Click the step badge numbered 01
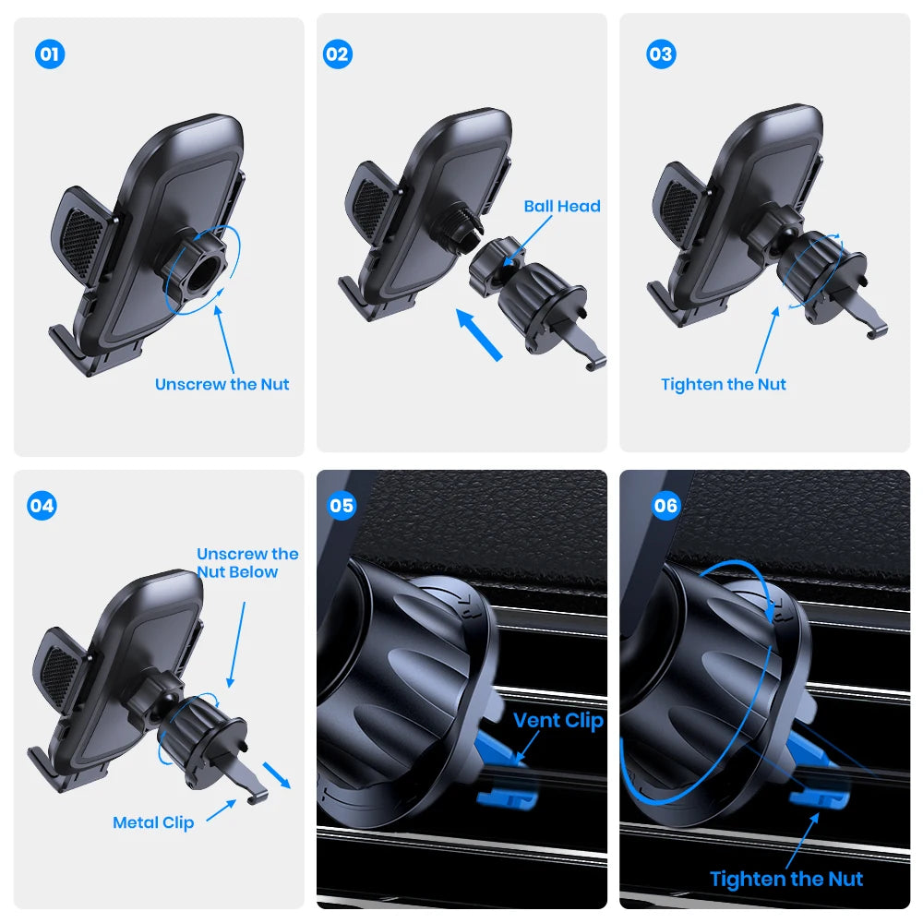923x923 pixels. coord(50,54)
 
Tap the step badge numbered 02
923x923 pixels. coord(338,54)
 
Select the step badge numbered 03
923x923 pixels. coord(660,54)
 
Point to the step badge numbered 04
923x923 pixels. coord(42,506)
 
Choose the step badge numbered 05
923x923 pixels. coord(342,506)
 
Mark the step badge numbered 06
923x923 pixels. coord(665,506)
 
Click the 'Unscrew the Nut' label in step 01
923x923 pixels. coord(222,384)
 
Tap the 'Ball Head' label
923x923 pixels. coord(561,207)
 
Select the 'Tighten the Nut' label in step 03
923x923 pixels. coord(724,384)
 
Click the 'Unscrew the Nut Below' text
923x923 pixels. coord(247,563)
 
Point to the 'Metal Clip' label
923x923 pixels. coord(153,822)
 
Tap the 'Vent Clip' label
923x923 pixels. coord(557,721)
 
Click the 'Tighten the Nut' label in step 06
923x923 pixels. coord(786,880)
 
